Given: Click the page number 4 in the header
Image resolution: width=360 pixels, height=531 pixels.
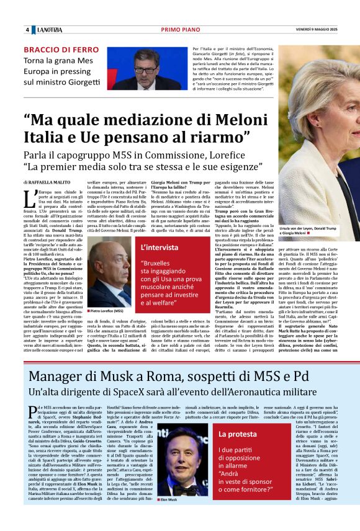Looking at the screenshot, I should pyautogui.click(x=27, y=30).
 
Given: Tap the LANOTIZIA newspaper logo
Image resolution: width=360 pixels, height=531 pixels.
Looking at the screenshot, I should pyautogui.click(x=49, y=30).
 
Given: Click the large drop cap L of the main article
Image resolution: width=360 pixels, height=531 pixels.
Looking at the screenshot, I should pyautogui.click(x=29, y=199).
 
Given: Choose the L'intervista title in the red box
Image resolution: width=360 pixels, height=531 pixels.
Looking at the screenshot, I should pyautogui.click(x=161, y=248).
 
